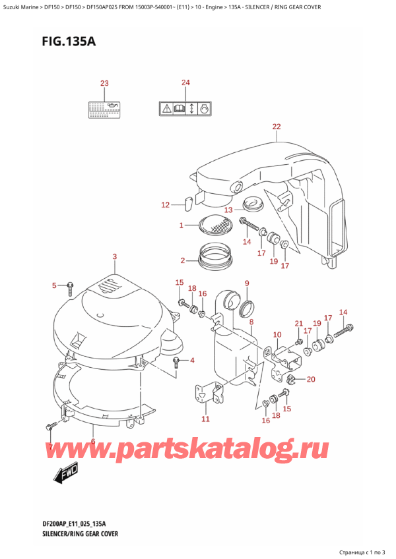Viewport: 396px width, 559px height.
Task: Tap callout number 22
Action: pos(276,127)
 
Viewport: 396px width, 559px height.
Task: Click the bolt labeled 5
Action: pos(69,285)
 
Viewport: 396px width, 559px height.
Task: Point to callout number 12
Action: pos(166,205)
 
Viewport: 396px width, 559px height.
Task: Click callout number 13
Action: pos(228,210)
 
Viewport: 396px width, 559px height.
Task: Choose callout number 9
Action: pos(247,283)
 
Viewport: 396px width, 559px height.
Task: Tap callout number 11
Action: pos(205,419)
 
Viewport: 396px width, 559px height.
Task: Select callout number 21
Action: pos(299,323)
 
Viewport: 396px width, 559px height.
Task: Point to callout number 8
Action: pos(251,322)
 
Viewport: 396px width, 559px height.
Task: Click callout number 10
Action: pos(277,335)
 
